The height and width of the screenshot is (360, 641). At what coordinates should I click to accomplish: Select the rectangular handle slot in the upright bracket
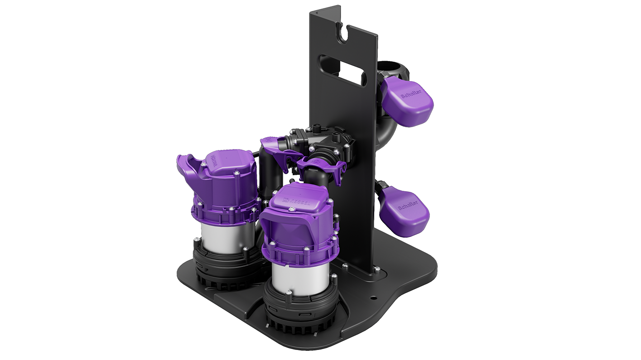[x=343, y=70]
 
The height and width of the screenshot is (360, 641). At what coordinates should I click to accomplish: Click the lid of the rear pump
[x=227, y=163]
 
